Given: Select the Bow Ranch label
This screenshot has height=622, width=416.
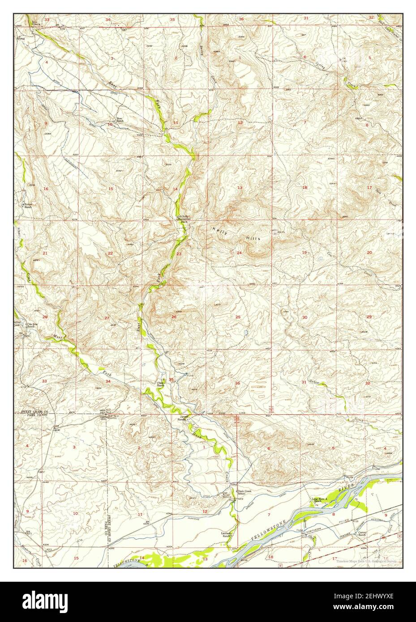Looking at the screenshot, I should coord(120,120).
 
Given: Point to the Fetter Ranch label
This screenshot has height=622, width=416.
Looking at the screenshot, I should coord(28,206).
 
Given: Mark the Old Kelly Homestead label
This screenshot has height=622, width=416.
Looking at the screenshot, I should coord(184,219).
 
